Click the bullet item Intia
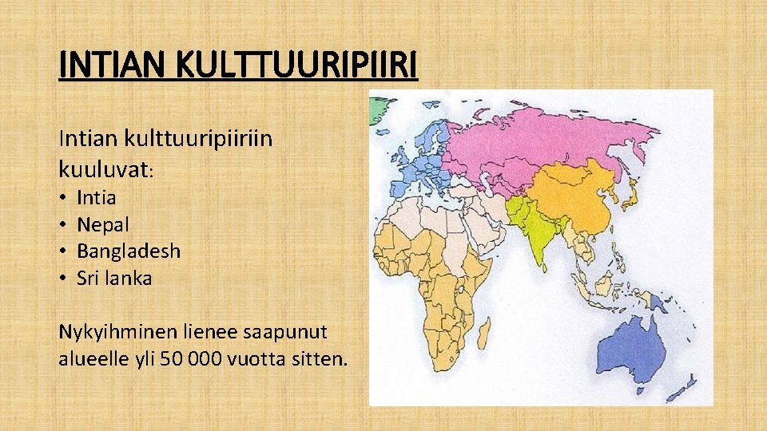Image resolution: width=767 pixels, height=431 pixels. [97, 197]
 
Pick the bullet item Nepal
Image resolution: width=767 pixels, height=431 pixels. [103, 224]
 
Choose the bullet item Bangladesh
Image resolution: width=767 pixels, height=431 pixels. [129, 251]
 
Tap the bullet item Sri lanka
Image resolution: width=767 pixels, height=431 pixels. [114, 279]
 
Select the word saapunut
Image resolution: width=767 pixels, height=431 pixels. [296, 331]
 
